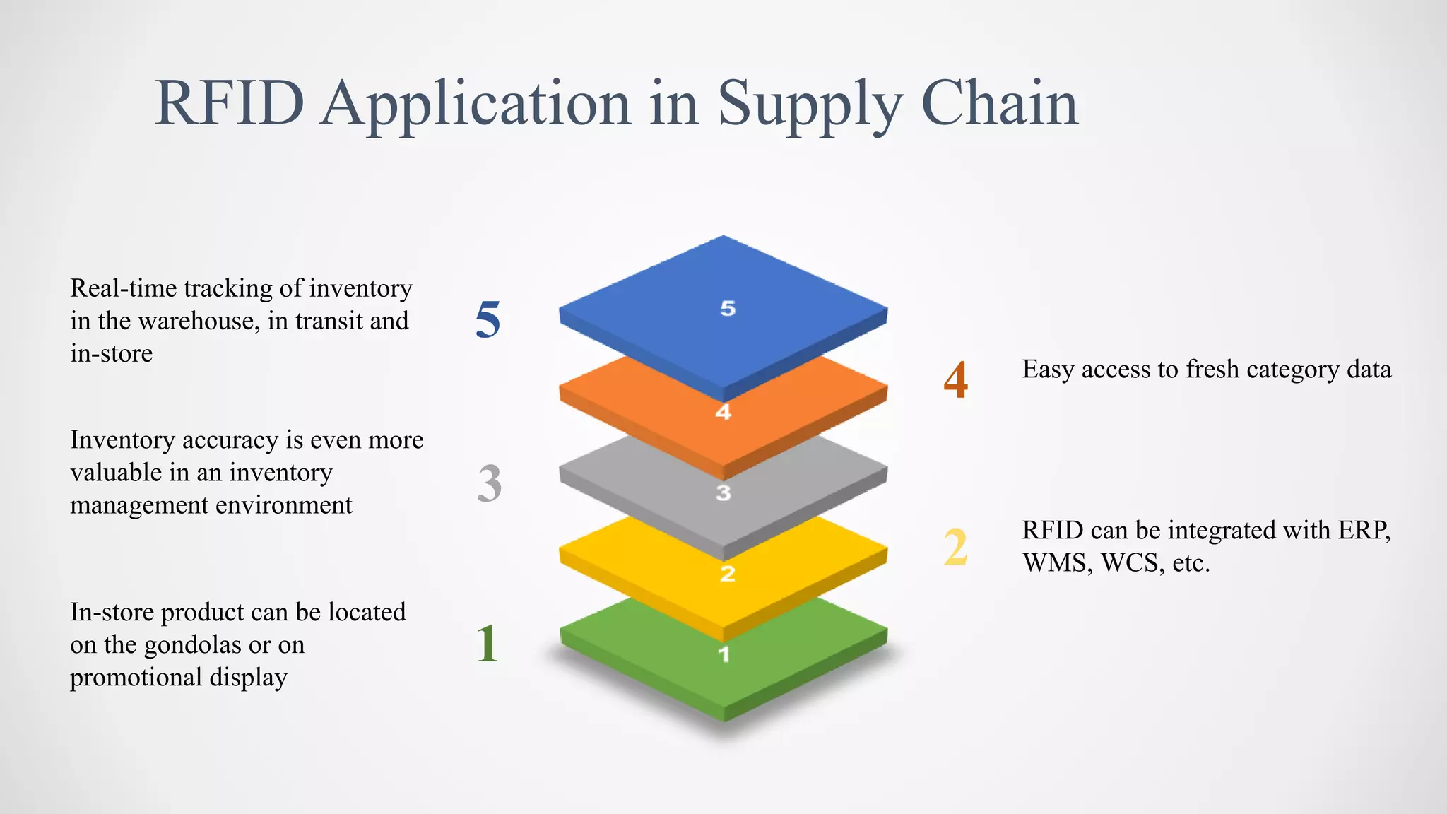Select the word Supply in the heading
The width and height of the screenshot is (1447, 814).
810,106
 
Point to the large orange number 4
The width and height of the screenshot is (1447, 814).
955,380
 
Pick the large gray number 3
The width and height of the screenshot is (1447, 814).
489,484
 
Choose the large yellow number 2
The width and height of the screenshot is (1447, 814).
955,548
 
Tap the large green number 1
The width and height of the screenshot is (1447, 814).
487,644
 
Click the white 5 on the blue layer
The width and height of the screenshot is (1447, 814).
728,309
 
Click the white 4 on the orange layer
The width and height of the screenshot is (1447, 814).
723,412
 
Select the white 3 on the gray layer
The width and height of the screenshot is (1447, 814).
723,492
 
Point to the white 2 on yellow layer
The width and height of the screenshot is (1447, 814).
728,574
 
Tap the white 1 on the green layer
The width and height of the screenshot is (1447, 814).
723,654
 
